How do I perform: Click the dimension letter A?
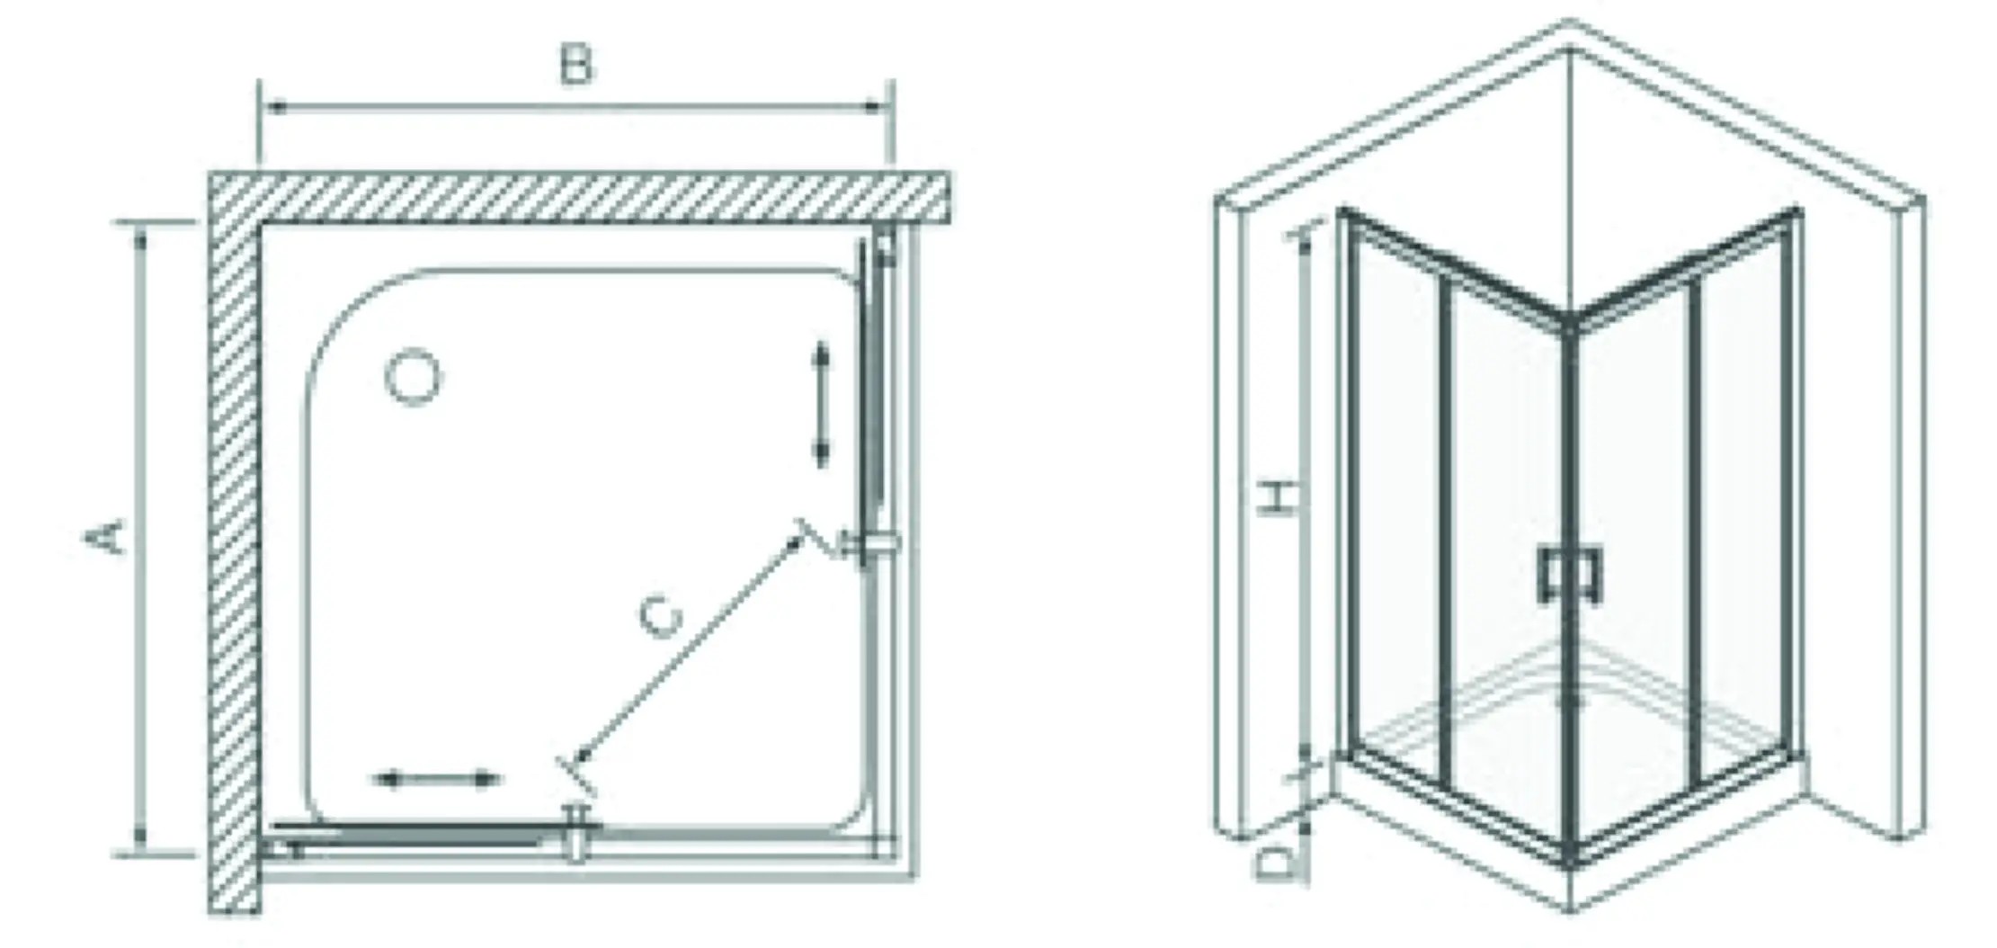tap(106, 537)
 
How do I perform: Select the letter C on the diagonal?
tap(662, 616)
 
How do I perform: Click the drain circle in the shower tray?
tap(413, 377)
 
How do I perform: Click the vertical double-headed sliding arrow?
tap(820, 404)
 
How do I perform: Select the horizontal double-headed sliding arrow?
tap(436, 779)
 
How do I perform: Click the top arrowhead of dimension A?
tap(140, 236)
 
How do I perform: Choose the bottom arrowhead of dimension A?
tap(140, 838)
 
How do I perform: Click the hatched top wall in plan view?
tap(580, 197)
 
